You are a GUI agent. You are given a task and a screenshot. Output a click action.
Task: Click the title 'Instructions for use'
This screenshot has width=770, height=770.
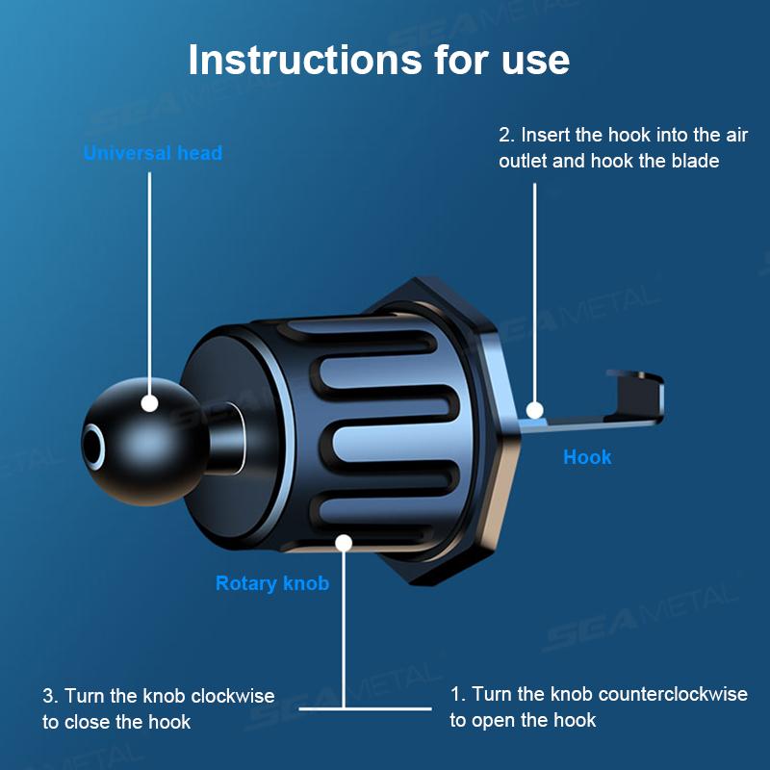[378, 59]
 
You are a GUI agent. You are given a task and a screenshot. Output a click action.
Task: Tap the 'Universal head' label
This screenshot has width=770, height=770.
[152, 153]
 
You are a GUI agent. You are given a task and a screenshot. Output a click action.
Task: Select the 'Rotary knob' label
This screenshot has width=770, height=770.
[271, 583]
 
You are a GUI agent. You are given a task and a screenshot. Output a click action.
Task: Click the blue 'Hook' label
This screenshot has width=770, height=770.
[587, 457]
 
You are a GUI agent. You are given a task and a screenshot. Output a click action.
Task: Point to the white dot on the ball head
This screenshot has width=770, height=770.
[149, 404]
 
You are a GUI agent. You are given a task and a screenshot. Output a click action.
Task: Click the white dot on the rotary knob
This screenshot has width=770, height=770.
[343, 543]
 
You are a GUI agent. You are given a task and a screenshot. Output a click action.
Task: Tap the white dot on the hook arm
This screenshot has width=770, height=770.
[535, 410]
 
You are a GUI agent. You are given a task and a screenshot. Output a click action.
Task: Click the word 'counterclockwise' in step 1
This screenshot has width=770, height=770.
[673, 694]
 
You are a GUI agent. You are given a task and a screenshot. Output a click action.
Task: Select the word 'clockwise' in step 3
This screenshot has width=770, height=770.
[233, 696]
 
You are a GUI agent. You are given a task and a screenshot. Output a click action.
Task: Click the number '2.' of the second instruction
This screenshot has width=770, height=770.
[506, 135]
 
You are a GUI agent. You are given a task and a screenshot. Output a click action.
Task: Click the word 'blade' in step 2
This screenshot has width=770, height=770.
[694, 161]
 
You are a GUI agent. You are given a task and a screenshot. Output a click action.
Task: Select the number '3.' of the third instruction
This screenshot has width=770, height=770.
[50, 696]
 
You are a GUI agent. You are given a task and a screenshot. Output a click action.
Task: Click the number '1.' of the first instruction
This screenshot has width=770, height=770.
[458, 694]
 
